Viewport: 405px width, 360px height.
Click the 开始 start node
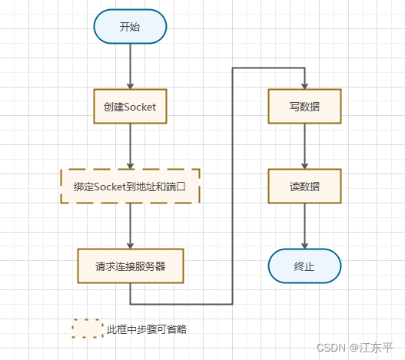[130, 27]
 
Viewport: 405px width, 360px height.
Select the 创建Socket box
[130, 107]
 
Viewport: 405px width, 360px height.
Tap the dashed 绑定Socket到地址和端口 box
[130, 186]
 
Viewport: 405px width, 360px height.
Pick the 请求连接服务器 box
[130, 266]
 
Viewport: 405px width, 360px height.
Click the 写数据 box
[305, 107]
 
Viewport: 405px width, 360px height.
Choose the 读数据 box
[305, 186]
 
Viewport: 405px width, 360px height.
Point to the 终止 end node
[305, 266]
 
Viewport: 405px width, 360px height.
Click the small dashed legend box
[88, 329]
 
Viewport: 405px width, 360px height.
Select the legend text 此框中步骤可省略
[147, 330]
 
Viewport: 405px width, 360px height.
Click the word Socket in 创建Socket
[139, 107]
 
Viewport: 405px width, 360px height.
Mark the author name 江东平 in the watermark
[377, 347]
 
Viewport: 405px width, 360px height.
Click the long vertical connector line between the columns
[233, 184]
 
